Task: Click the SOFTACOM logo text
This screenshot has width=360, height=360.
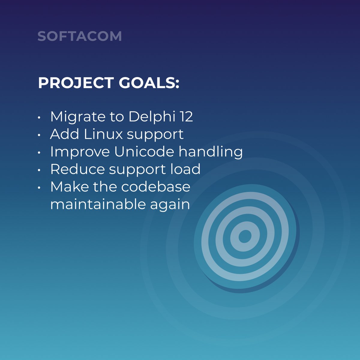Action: (79, 36)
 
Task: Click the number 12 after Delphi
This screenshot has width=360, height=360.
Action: (186, 116)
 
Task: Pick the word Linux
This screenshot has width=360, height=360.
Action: (103, 134)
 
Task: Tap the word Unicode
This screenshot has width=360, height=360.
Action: (144, 151)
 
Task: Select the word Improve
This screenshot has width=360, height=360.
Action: (80, 152)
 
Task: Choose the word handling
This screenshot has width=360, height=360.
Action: (211, 152)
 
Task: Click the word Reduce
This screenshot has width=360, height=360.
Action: (77, 169)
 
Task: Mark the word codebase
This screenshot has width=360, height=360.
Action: (156, 187)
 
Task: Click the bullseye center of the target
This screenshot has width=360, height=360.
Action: (245, 236)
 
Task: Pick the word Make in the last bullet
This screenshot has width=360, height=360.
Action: (69, 187)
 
